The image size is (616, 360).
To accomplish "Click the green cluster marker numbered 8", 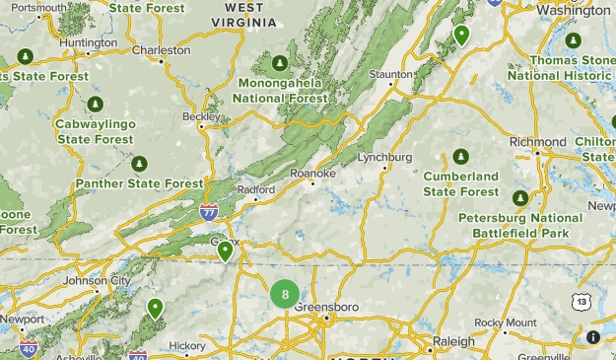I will point(285,294).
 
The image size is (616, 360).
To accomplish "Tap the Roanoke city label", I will point(313,174).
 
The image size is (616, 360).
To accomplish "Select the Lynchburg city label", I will point(383,158).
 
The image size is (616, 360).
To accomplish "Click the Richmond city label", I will point(538,142).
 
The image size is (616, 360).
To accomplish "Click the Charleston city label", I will point(161,50).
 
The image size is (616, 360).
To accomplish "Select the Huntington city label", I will point(88,43).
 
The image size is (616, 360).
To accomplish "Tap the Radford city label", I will point(255,189).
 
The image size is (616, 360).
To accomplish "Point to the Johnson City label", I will point(97,280).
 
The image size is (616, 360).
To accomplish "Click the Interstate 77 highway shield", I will point(209,211).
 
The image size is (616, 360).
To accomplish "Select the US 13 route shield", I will point(582,301).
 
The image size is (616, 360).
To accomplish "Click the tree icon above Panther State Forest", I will point(139,163).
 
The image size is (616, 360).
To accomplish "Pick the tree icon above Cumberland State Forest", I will point(461,157).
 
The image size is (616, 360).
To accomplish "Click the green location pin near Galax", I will point(226,252).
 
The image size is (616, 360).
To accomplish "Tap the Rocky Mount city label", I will point(506,323).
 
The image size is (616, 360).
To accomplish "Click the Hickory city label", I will point(186,345).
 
